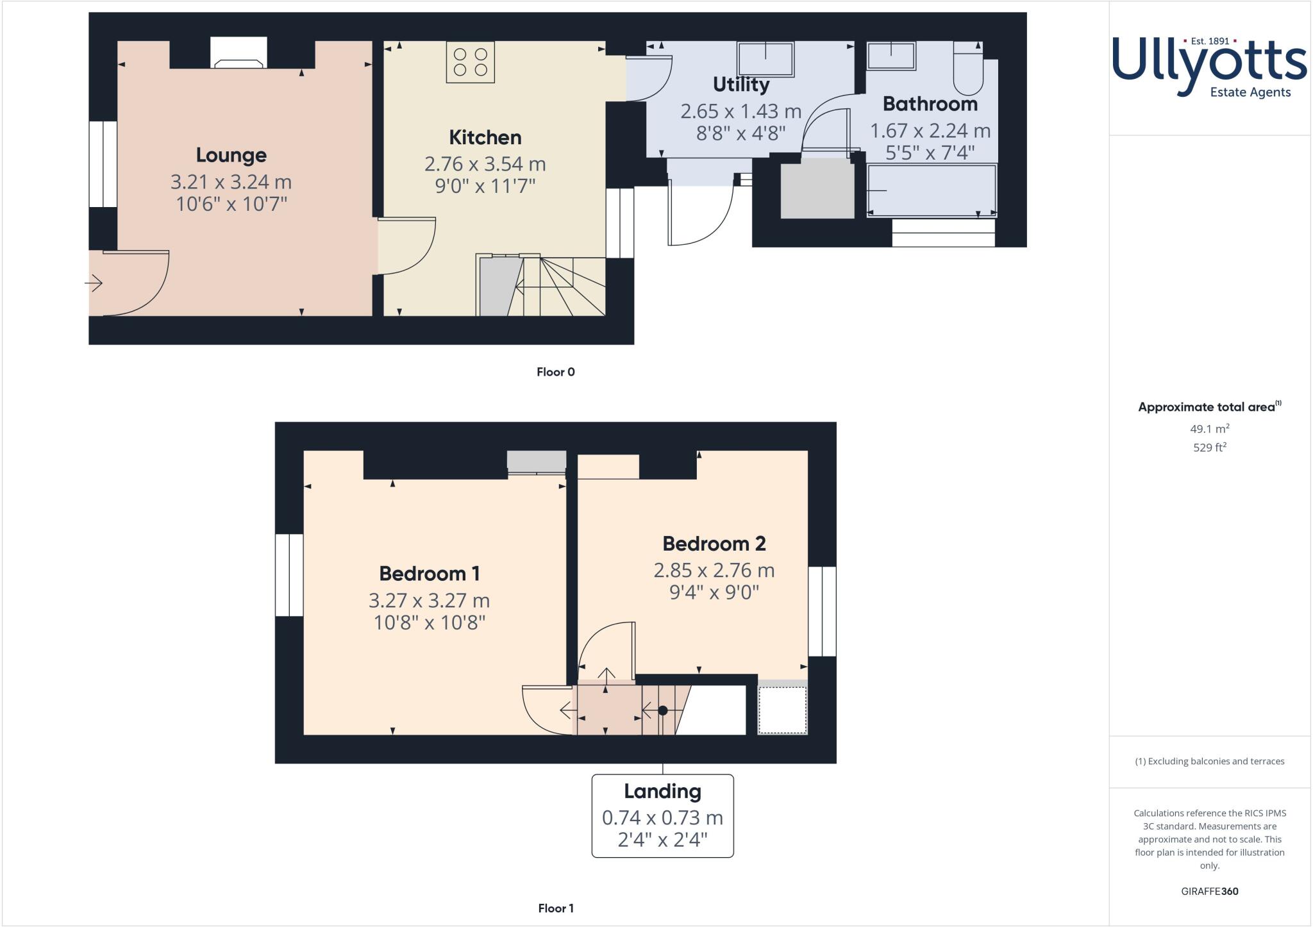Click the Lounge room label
(x=231, y=155)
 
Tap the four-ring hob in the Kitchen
(x=470, y=62)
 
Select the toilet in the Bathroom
(x=967, y=69)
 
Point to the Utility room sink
(x=765, y=59)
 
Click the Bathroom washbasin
(x=891, y=56)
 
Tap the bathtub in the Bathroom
(x=932, y=190)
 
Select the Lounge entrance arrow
(x=94, y=283)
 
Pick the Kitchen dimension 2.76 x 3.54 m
(x=485, y=164)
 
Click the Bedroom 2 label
(x=714, y=544)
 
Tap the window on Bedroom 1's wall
(x=289, y=575)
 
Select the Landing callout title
(x=662, y=791)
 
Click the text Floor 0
(x=555, y=372)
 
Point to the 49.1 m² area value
(x=1209, y=429)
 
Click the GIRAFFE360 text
(x=1209, y=891)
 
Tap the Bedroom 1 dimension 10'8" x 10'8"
(x=429, y=622)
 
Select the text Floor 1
(x=555, y=908)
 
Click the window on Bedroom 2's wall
(x=822, y=611)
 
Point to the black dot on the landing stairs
(x=663, y=710)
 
